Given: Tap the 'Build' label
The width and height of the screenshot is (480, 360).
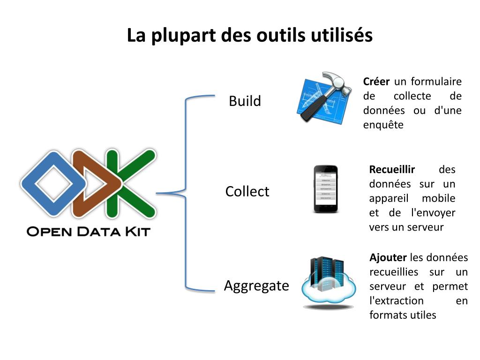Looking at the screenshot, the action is (x=245, y=101).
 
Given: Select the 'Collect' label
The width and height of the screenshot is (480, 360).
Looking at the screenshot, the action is (x=247, y=191).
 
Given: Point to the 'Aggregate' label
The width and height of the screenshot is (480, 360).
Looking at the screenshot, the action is (x=256, y=285).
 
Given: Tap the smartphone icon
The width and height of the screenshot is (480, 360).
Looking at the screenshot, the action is (x=326, y=189).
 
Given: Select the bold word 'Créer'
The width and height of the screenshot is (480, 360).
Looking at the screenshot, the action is (x=376, y=82).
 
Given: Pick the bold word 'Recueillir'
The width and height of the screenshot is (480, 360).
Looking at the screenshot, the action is (x=392, y=169).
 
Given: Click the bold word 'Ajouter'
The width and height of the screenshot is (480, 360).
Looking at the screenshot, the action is (x=388, y=257).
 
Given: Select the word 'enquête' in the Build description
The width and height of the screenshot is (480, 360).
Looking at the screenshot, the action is (x=383, y=125).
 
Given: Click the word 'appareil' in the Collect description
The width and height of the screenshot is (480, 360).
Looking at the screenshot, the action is (x=389, y=198).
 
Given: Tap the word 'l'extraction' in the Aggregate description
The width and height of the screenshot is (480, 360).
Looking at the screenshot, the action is (x=396, y=300).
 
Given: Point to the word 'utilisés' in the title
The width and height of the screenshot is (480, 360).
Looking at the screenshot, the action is (x=341, y=35).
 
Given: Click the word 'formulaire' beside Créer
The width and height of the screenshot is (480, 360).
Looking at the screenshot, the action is (x=436, y=82).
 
